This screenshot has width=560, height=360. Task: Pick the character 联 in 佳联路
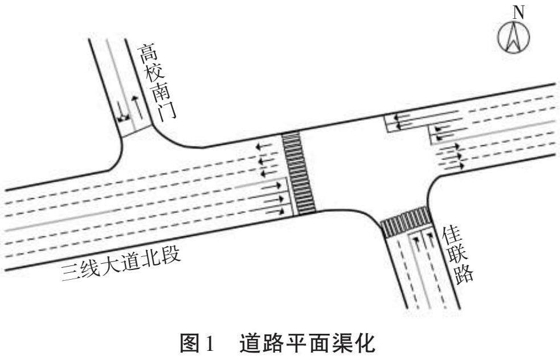pos(457,255)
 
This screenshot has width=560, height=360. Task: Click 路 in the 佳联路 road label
pos(465,274)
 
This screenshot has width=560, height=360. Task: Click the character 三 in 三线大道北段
pos(70,277)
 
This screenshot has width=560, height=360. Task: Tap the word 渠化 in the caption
pos(353,342)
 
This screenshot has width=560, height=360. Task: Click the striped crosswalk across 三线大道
pos(300,173)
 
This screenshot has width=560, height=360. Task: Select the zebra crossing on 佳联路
pos(406,221)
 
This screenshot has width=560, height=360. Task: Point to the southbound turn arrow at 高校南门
pos(121,109)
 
